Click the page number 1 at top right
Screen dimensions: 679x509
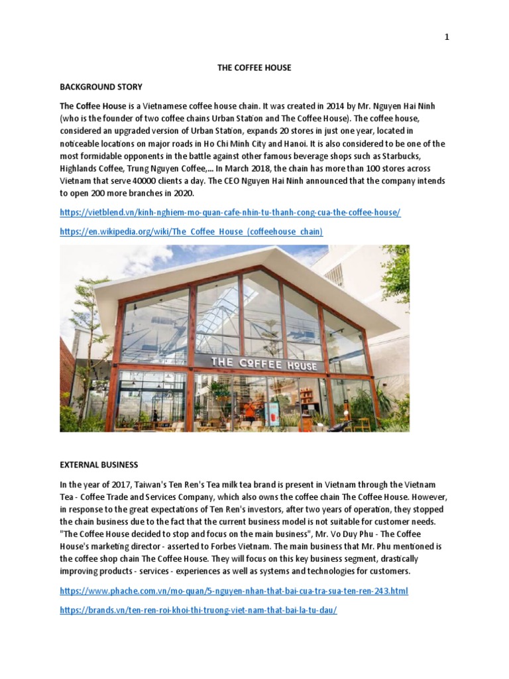[447, 37]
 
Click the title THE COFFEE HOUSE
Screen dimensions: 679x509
[254, 68]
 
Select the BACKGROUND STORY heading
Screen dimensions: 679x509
[101, 87]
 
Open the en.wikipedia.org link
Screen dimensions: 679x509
[192, 231]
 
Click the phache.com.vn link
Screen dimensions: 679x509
[233, 590]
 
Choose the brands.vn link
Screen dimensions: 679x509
[198, 609]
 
